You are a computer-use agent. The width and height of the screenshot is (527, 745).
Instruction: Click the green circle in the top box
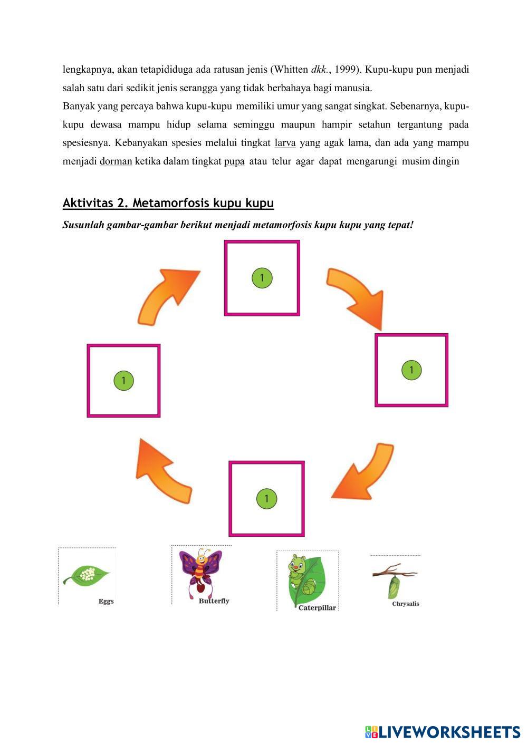262,278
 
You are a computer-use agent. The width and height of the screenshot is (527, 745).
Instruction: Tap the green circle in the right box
411,370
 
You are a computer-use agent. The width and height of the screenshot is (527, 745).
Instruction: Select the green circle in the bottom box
266,498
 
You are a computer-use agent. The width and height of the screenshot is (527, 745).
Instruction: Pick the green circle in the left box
123,380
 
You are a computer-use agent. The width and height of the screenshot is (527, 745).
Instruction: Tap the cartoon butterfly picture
200,572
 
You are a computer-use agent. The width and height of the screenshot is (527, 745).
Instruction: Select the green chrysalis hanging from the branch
393,587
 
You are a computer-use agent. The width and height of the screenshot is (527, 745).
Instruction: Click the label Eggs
106,601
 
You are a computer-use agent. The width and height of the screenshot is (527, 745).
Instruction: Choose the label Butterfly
214,601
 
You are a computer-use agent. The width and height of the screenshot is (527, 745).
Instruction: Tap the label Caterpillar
317,607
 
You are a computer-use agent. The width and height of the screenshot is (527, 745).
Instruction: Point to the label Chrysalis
406,604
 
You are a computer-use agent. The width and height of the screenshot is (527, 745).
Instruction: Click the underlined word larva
285,143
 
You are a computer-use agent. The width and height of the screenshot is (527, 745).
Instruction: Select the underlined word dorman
116,161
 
